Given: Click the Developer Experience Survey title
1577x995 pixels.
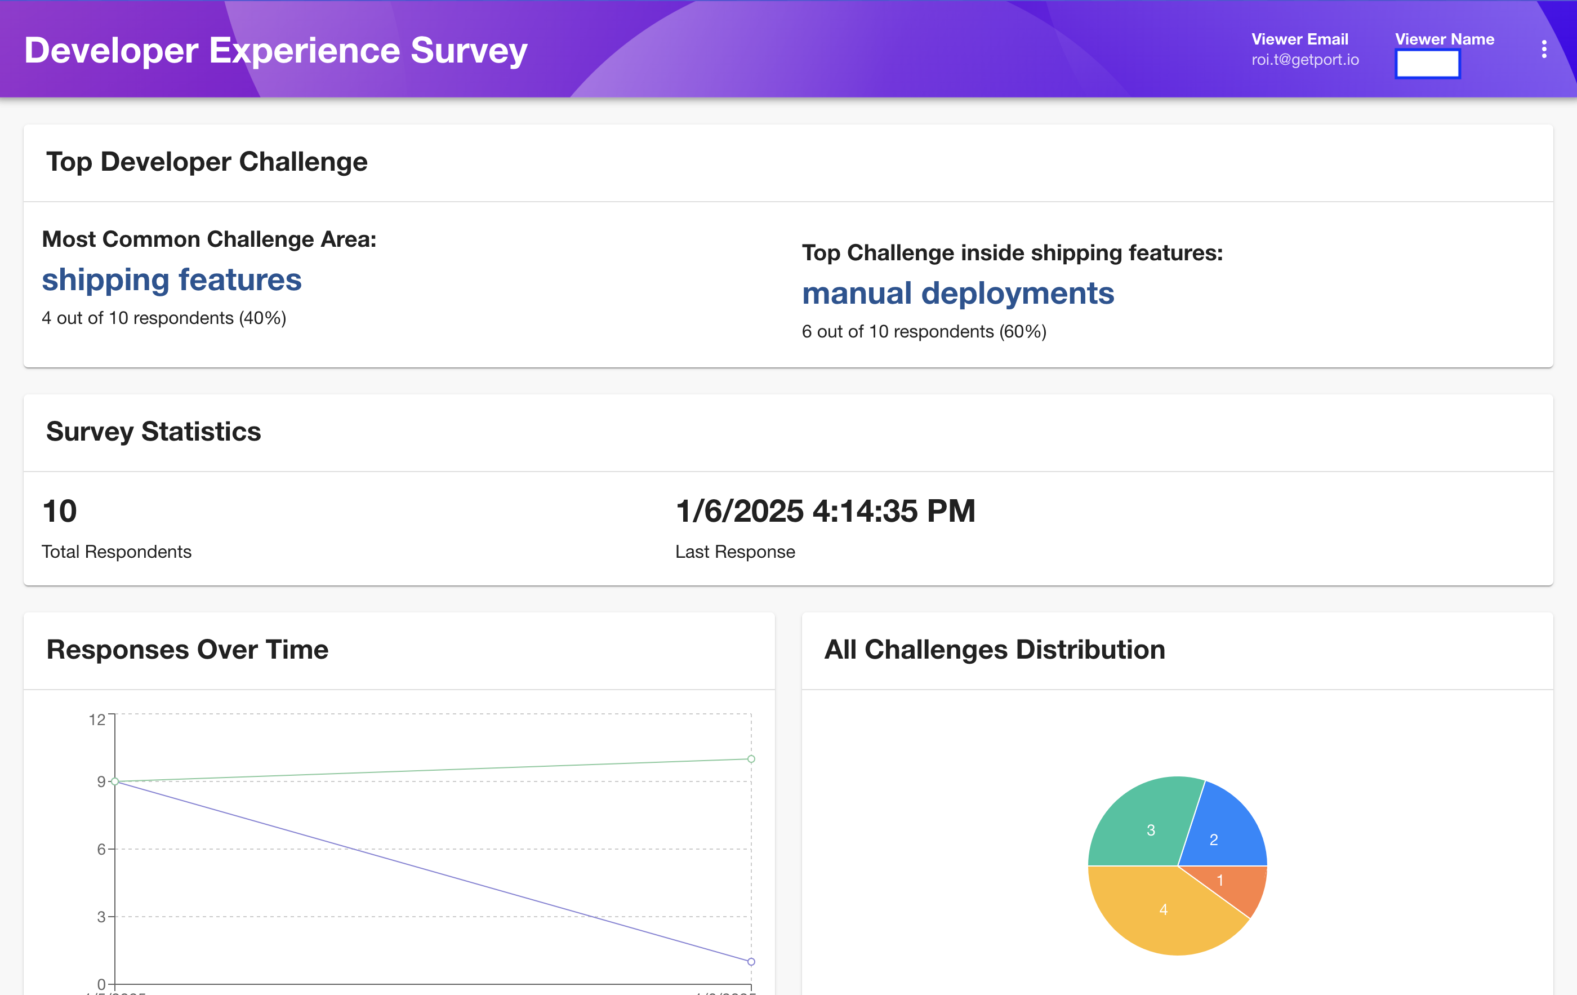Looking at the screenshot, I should pos(276,51).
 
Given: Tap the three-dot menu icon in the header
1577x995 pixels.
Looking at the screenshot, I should pos(1544,49).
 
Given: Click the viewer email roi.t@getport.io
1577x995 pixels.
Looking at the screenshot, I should pos(1304,60).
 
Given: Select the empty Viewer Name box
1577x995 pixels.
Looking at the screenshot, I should pos(1427,64).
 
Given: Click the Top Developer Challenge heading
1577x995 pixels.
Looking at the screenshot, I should pos(206,162).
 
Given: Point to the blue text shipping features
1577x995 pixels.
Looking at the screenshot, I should pos(172,279).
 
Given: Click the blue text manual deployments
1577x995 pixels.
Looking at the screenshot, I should pos(957,293).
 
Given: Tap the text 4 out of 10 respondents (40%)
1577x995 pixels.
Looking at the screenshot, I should pos(164,318).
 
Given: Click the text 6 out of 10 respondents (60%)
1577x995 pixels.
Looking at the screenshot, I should pos(924,331).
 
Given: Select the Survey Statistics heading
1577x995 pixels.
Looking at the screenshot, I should pos(153,432).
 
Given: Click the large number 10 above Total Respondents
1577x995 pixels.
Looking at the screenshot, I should pos(60,511).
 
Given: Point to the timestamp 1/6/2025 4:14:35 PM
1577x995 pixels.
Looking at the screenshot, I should pos(825,511).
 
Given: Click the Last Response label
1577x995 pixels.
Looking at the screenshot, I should pos(735,552).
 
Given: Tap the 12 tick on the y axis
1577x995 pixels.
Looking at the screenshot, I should pos(97,720).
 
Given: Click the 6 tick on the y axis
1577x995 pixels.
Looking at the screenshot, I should pos(101,849).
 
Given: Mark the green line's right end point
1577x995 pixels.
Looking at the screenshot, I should pos(751,758).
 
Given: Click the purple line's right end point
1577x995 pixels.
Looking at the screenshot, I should pos(751,962).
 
